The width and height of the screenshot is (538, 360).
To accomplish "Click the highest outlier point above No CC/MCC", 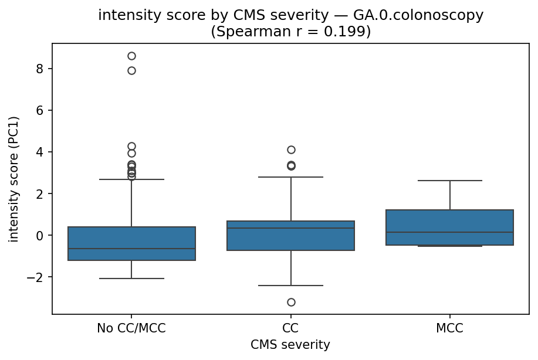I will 131,56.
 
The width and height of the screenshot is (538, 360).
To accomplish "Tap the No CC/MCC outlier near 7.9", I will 131,70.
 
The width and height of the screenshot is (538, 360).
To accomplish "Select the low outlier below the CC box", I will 291,302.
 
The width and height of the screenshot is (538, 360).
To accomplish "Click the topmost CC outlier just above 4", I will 291,150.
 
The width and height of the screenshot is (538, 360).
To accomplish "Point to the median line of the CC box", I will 291,228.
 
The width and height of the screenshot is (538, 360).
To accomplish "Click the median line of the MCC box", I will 450,232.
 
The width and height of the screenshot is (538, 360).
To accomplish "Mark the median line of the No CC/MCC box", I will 131,249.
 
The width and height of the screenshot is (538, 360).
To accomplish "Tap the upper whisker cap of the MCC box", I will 450,181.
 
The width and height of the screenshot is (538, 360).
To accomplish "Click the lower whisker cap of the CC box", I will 291,285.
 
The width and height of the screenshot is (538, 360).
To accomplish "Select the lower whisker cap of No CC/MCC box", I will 131,279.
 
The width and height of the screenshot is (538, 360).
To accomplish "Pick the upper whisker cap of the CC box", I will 291,177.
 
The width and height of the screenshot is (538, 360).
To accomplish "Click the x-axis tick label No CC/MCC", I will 131,329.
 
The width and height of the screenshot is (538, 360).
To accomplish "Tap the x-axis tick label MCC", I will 450,329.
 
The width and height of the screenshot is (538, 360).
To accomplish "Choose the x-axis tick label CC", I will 291,329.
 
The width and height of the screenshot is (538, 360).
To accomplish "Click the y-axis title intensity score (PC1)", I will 13,179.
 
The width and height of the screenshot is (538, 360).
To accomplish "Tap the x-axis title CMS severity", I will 290,345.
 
